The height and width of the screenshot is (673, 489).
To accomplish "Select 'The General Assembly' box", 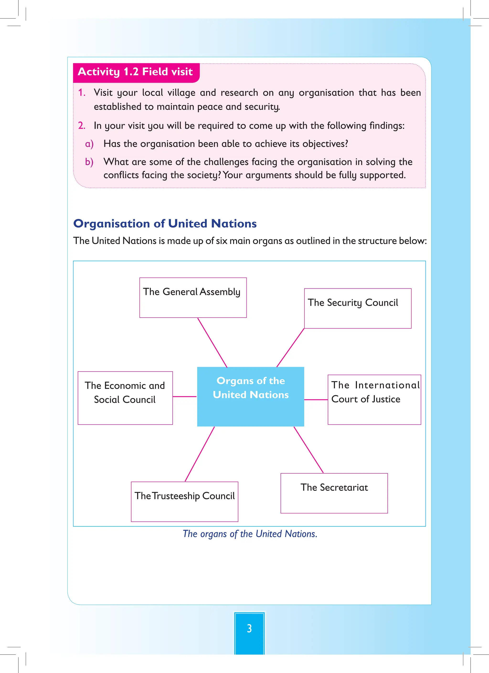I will tap(193, 297).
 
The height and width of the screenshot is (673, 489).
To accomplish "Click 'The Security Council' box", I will tap(357, 308).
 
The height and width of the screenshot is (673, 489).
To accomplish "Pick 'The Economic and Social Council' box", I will tap(125, 398).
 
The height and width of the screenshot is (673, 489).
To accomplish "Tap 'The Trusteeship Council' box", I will tap(184, 502).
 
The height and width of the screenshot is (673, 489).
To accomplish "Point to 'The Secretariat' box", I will tap(334, 493).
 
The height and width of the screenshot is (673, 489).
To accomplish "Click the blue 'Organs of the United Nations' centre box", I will tap(250, 396).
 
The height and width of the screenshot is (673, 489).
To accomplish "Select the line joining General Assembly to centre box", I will tap(212, 342).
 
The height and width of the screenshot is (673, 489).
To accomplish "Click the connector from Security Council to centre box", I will tap(290, 348).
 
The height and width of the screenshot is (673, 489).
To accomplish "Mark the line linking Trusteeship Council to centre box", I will tap(200, 454).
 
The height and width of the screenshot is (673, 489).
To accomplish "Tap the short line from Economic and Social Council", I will tap(185, 396).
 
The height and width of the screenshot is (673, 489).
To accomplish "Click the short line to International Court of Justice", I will tap(316, 400).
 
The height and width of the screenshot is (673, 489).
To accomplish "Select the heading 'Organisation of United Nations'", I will tap(165, 224).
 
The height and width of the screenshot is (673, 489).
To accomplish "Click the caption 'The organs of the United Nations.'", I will tap(250, 534).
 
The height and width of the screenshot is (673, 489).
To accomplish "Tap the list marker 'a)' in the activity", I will tap(89, 144).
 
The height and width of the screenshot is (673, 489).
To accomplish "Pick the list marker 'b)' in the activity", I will tap(89, 162).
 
